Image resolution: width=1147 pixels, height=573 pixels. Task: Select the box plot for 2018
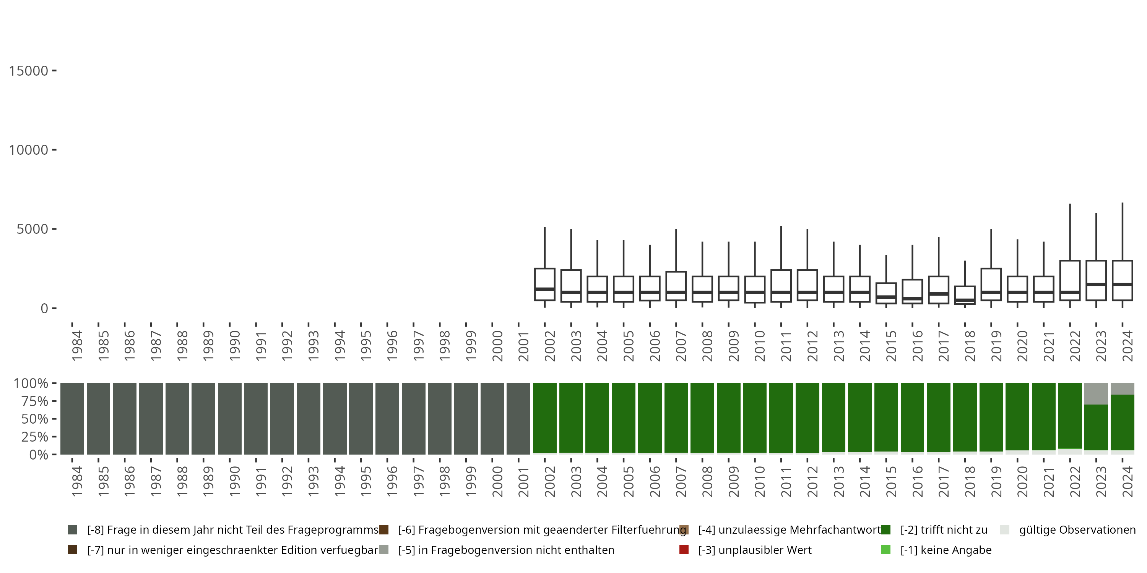point(965,295)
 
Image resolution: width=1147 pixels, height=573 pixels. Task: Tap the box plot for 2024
point(1123,280)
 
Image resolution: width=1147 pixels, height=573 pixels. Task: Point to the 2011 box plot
point(781,286)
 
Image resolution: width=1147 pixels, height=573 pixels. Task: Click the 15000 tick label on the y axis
point(29,71)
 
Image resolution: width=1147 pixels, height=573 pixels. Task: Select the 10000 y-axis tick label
point(29,150)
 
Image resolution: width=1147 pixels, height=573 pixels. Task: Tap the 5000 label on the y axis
point(32,229)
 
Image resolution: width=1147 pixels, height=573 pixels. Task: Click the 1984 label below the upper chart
point(77,346)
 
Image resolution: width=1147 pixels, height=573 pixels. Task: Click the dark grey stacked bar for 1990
point(229,419)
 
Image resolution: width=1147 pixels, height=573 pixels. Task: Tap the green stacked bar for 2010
point(755,418)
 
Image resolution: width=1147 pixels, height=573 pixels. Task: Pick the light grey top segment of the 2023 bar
point(1096,394)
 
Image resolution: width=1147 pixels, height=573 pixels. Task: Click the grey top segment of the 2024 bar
point(1123,389)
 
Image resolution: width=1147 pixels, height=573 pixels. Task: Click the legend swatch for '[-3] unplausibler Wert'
point(684,550)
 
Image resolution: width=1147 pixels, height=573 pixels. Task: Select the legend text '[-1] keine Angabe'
point(946,550)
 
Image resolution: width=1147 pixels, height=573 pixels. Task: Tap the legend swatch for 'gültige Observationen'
point(1005,530)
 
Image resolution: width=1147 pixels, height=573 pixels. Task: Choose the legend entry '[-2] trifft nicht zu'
point(944,530)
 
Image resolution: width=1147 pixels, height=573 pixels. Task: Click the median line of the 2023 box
point(1096,284)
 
